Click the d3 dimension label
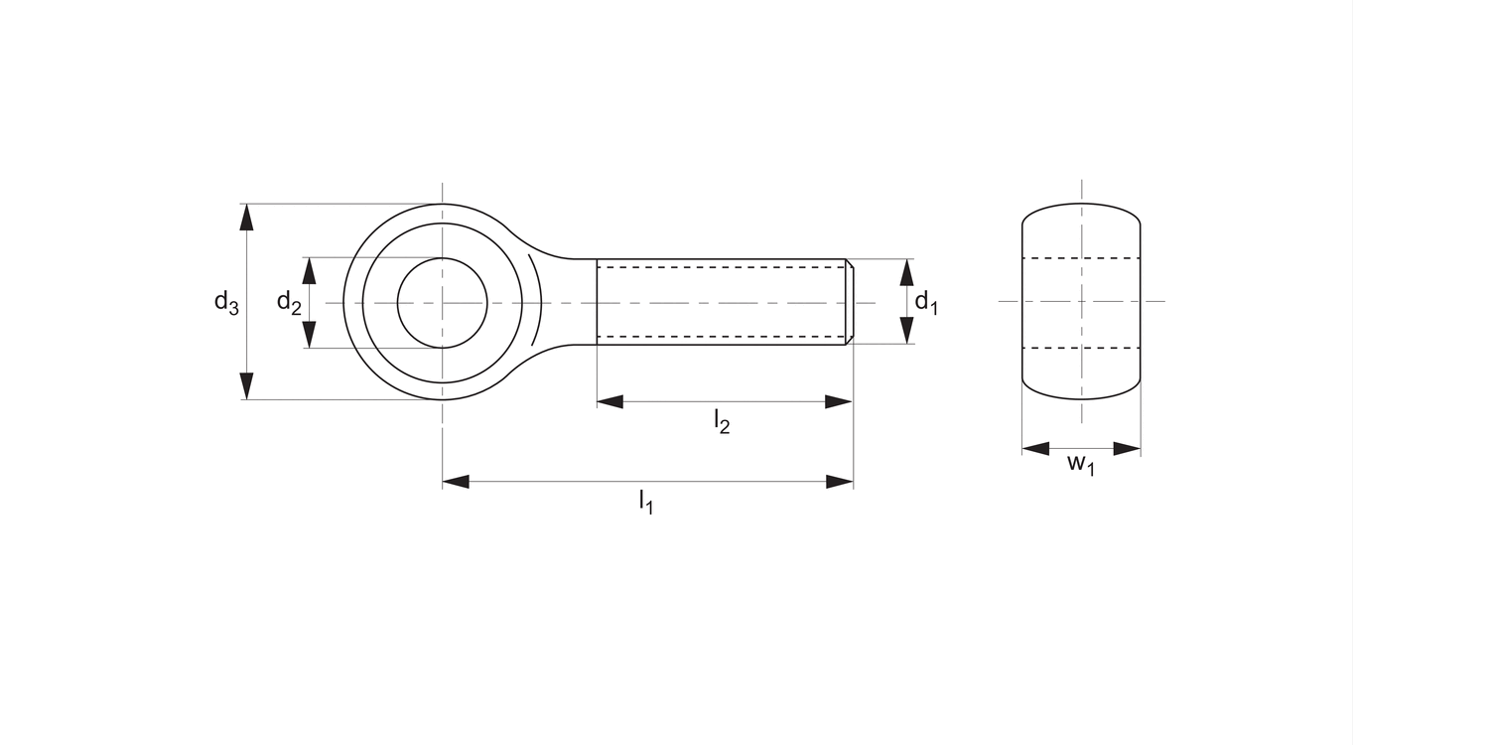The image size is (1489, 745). tap(226, 303)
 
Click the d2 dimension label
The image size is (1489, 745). tap(289, 303)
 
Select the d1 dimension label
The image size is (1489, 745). tap(926, 303)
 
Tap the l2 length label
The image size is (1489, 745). tap(722, 422)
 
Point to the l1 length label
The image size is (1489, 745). tap(646, 502)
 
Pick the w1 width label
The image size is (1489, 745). tap(1081, 464)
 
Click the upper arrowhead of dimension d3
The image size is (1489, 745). tap(246, 217)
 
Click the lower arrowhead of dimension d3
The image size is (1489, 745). tap(246, 386)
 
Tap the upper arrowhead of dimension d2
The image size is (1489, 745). tap(309, 271)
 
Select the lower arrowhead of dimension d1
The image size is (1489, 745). tap(906, 331)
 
